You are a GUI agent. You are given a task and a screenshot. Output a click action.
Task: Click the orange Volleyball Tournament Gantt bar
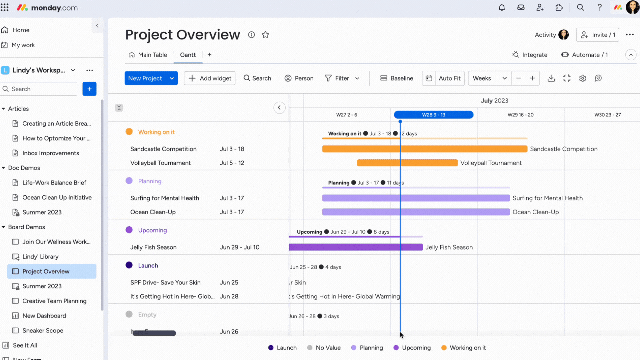coord(407,163)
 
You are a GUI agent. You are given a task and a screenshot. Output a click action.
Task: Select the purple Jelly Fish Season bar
coord(356,247)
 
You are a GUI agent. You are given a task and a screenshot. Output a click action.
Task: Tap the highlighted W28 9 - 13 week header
coord(433,115)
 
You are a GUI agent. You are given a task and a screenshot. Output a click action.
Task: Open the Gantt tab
coord(188,55)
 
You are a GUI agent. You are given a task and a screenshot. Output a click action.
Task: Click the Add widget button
coord(210,78)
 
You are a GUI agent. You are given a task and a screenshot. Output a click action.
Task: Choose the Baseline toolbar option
coord(397,78)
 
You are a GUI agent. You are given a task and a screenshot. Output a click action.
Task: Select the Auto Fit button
coord(449,78)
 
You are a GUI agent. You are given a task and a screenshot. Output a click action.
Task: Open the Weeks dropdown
coord(489,78)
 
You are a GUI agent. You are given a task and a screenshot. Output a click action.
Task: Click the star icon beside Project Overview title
coord(265,35)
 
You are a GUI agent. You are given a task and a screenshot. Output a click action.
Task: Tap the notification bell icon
coord(502,7)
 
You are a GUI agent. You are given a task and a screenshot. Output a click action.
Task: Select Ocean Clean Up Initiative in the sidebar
coord(57,198)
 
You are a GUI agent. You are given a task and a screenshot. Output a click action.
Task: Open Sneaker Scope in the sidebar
coord(43,331)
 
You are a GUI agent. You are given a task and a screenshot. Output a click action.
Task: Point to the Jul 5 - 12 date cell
coord(232,163)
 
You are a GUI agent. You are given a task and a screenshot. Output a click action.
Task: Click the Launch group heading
coord(148,266)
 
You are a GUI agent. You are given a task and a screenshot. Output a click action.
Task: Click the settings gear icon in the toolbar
coord(582,78)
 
